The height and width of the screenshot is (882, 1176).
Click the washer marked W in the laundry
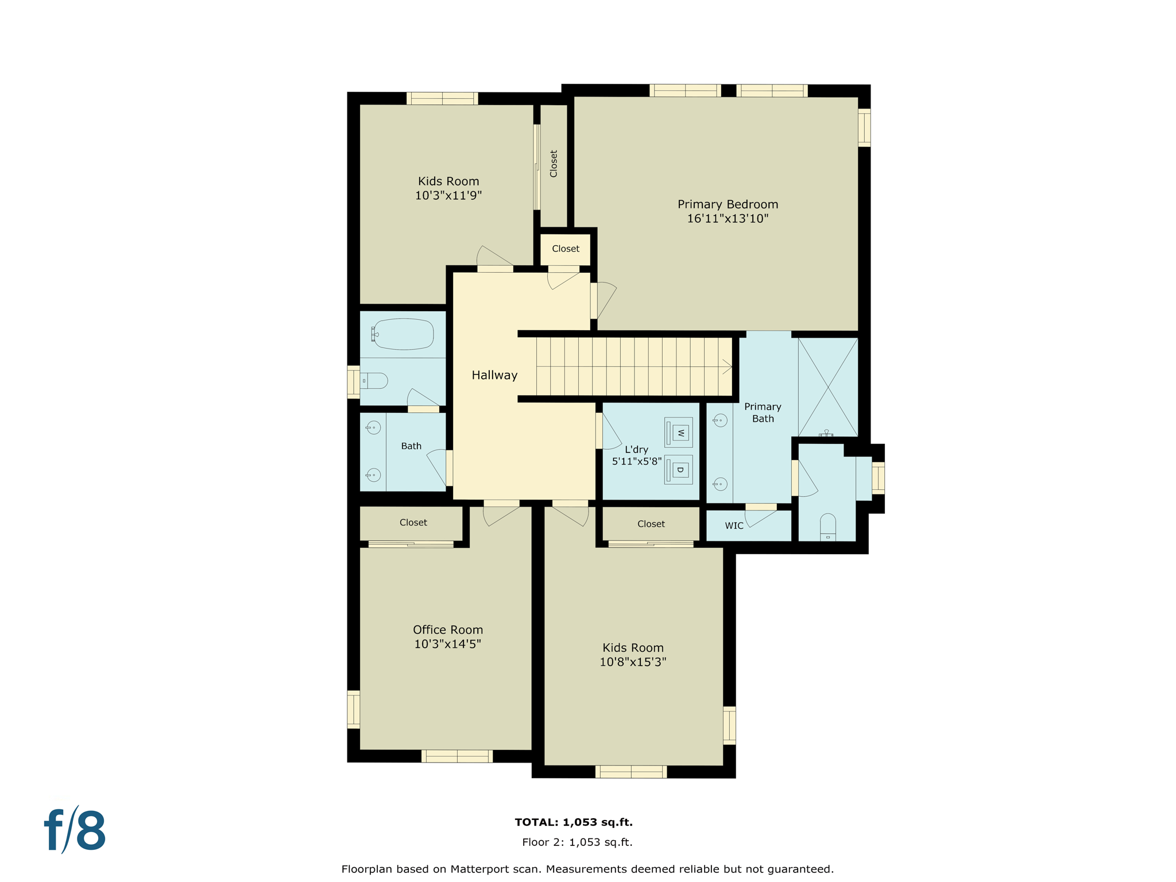click(x=678, y=432)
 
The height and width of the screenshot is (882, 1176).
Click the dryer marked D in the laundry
click(x=678, y=470)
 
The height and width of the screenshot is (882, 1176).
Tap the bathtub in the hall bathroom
click(x=403, y=334)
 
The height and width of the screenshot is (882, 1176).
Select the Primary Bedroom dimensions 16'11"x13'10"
click(x=728, y=218)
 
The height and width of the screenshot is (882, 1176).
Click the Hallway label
click(x=494, y=375)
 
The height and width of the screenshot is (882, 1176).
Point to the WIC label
click(x=734, y=525)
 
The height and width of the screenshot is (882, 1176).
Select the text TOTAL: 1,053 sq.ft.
click(x=574, y=822)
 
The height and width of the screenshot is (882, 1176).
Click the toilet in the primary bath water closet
click(x=827, y=527)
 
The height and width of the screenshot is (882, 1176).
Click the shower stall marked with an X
click(x=827, y=386)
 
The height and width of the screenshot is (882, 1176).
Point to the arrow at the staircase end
click(x=727, y=366)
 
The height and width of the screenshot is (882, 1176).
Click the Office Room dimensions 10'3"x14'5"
click(x=447, y=644)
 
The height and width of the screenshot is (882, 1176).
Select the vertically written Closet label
click(x=554, y=164)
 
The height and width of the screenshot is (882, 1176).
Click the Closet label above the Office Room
click(x=413, y=523)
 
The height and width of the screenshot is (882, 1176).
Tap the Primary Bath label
click(x=763, y=412)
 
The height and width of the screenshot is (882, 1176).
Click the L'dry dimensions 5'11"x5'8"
click(x=636, y=461)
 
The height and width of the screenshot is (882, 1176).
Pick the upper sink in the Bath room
click(x=373, y=427)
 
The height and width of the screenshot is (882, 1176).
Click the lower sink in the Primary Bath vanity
click(x=720, y=484)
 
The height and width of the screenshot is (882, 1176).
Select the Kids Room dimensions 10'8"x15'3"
click(x=633, y=661)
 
